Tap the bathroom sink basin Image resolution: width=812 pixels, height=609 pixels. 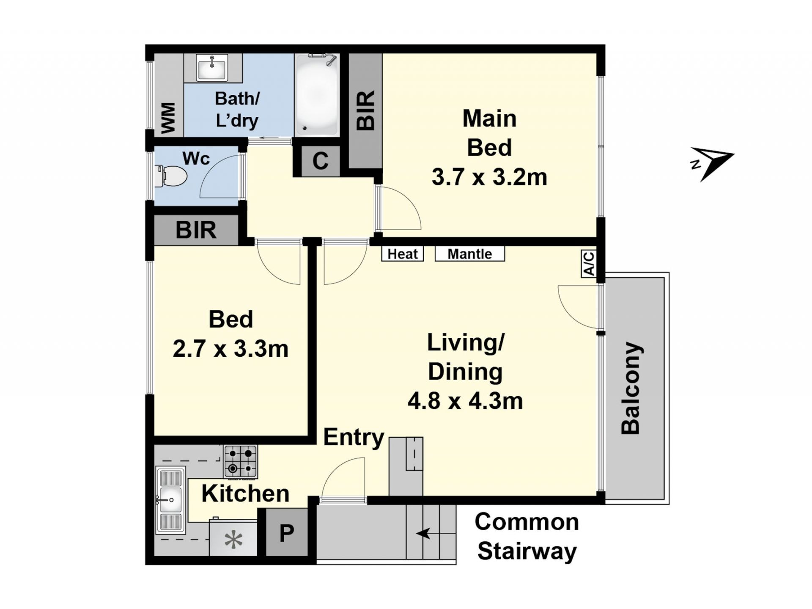(x=212, y=67)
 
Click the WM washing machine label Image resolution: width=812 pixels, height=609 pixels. (x=168, y=118)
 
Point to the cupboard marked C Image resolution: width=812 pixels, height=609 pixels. (x=320, y=161)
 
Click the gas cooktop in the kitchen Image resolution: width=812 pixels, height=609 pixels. (x=240, y=461)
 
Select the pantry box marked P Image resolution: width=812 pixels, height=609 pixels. (x=287, y=532)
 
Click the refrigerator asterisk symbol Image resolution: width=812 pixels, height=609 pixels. (x=233, y=540)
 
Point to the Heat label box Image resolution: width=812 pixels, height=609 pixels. (x=403, y=254)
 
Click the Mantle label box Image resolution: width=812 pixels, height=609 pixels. (x=470, y=254)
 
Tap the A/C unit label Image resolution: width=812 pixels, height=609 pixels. (x=589, y=263)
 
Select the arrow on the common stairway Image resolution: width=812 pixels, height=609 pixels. (x=423, y=534)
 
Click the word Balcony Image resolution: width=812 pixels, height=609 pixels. (x=631, y=388)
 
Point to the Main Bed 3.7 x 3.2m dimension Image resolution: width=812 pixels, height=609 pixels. (x=489, y=177)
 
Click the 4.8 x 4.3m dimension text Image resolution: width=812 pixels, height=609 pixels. (x=465, y=400)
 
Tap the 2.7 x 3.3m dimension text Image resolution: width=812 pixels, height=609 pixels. (x=230, y=349)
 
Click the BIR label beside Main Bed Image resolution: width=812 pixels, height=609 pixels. (x=366, y=110)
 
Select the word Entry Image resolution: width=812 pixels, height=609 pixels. (x=354, y=438)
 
